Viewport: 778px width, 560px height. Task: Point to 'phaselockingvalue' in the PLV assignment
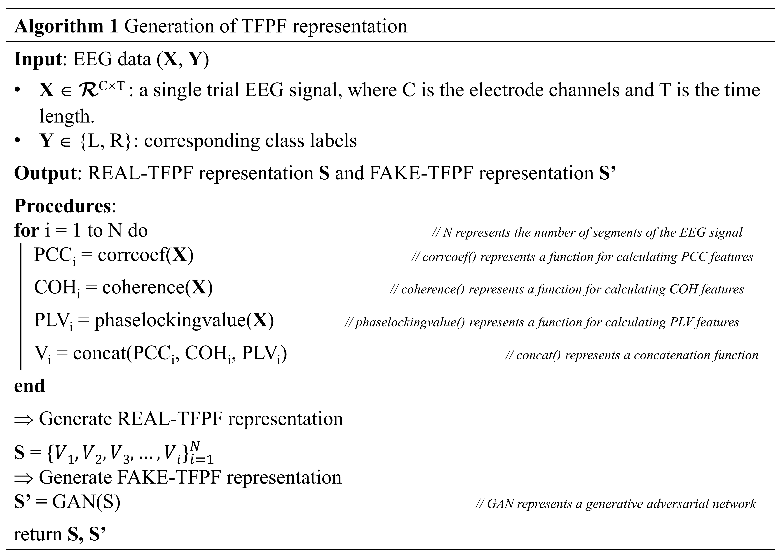(x=170, y=321)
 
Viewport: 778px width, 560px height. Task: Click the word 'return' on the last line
(x=38, y=535)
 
